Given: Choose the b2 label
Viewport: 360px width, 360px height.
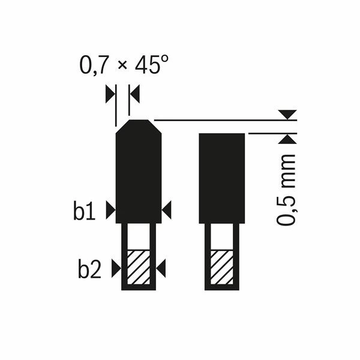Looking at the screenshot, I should [89, 269].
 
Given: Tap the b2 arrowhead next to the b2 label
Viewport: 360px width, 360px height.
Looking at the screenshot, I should [115, 269].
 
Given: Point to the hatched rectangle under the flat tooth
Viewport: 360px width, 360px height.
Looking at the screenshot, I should [221, 267].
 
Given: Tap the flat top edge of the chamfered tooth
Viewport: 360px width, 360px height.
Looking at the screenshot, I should [139, 121].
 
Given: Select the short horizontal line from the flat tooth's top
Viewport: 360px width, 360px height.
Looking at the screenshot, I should [270, 133].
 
